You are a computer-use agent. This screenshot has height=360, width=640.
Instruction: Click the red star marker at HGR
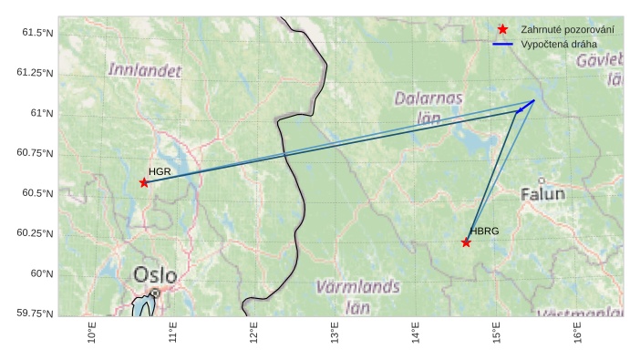(x=144, y=182)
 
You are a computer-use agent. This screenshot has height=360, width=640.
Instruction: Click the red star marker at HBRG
(x=466, y=242)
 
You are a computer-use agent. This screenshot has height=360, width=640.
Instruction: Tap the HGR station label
(x=160, y=171)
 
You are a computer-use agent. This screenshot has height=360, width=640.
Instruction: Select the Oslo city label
(x=155, y=274)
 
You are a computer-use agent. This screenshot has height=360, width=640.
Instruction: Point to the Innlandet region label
(x=144, y=69)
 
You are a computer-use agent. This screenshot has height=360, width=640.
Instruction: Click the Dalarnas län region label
(x=428, y=107)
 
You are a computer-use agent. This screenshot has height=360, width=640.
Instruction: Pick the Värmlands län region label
(x=357, y=295)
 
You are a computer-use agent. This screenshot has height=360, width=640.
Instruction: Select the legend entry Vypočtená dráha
(x=558, y=44)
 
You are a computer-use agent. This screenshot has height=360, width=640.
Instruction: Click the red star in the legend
(x=502, y=30)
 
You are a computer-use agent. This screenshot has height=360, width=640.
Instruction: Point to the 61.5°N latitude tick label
(x=37, y=33)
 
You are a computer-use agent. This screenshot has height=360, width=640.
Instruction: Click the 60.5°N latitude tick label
(x=37, y=193)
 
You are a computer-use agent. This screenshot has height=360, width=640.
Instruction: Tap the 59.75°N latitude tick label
(x=36, y=314)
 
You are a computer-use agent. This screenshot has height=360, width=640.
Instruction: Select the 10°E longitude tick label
(x=91, y=334)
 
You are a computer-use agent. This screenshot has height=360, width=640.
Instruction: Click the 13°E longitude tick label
(x=335, y=334)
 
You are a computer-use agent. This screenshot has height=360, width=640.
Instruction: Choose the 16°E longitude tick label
(x=578, y=334)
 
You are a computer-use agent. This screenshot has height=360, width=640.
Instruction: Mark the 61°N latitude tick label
(x=42, y=113)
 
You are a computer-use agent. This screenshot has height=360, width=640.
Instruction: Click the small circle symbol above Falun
(x=542, y=180)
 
